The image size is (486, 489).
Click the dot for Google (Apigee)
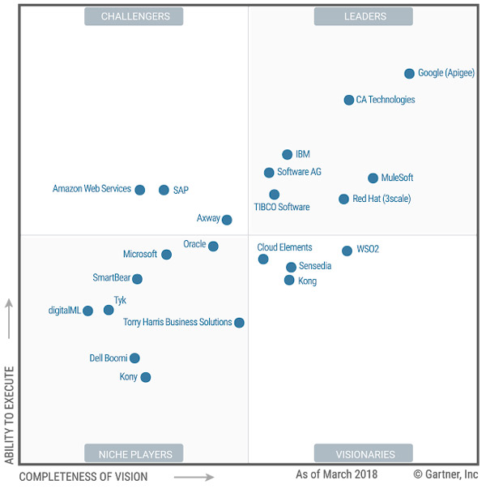(409, 73)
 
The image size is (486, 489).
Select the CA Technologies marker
(349, 100)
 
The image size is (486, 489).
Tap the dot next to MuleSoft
(373, 178)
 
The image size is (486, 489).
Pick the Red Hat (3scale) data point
(343, 199)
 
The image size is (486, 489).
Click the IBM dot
(287, 154)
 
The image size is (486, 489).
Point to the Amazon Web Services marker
(139, 190)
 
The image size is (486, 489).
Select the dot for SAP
(164, 190)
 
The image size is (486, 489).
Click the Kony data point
(146, 377)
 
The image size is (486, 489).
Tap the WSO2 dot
(347, 251)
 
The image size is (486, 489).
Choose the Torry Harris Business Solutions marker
(239, 323)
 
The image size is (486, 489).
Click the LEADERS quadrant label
(363, 16)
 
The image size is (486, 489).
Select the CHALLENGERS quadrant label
(134, 16)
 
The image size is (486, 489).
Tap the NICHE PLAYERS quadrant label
(134, 453)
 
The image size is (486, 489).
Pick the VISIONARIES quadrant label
(363, 453)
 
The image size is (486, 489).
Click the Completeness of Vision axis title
(83, 477)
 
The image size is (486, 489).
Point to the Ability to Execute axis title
(10, 416)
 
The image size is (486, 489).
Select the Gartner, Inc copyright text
(445, 474)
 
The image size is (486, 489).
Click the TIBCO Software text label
(282, 208)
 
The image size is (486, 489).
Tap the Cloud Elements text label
(284, 247)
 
